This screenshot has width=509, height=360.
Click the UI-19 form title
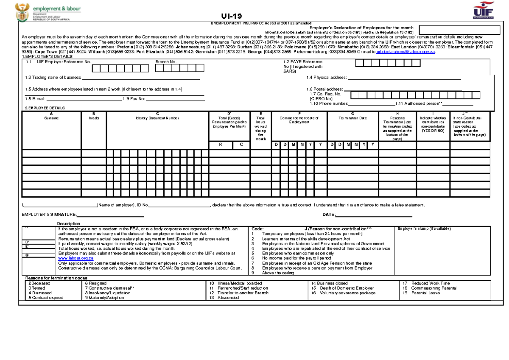coord(234,16)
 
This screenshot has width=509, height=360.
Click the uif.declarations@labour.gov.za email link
coord(406,52)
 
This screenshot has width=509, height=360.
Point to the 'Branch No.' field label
coord(166,62)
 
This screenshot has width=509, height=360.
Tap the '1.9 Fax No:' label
coord(134,99)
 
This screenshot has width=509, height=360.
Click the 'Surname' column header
coord(51,118)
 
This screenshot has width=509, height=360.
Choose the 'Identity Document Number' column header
coord(157,118)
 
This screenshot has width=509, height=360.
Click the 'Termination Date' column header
coord(352,118)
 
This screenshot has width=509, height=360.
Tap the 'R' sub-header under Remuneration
coord(220,145)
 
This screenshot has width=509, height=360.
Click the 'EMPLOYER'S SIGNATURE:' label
coord(49,215)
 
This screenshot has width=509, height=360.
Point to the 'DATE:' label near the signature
coord(329,215)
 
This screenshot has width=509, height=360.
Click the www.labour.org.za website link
coord(70,258)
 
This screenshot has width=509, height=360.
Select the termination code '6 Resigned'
coord(96,283)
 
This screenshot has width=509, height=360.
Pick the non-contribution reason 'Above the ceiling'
coord(278,273)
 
